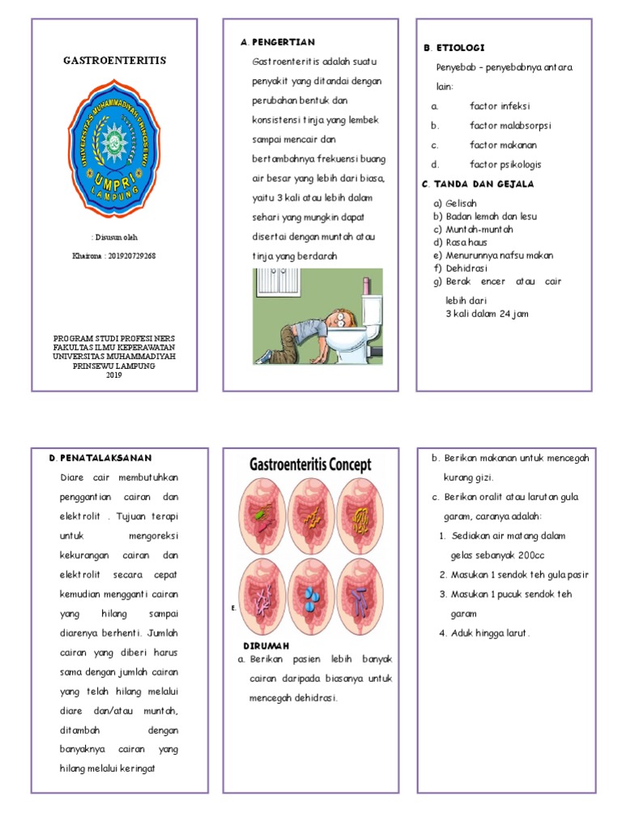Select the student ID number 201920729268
point(132,256)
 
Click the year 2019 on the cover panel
point(113,375)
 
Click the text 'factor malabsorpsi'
point(510,125)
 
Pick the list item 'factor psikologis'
point(507,164)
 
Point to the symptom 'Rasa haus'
point(465,242)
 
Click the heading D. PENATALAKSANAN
point(100,458)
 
